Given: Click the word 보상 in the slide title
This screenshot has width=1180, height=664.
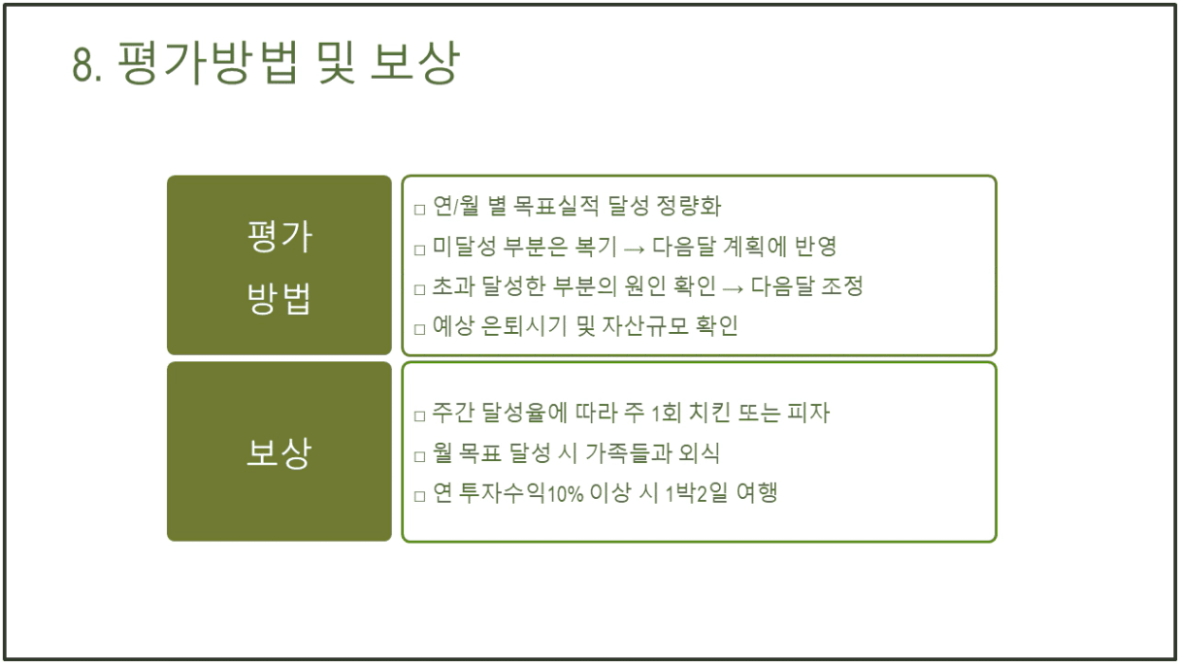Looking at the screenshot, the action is point(415,63).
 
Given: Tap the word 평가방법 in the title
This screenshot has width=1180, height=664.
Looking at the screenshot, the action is point(209,63).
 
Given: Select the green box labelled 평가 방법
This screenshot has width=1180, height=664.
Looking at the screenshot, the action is point(279,265).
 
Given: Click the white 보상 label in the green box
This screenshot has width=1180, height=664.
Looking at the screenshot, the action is point(279,452).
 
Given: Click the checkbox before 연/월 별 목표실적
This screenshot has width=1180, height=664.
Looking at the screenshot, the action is point(419,210).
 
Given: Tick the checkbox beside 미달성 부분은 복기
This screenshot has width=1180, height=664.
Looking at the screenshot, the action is point(419,249).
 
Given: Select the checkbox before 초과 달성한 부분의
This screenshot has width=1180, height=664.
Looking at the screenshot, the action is point(419,290).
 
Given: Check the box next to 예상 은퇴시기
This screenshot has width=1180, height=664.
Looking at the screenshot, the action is point(419,330).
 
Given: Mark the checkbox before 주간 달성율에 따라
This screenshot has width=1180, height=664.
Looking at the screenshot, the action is point(419,416).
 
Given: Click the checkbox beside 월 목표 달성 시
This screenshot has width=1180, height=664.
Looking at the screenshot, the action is point(419,456).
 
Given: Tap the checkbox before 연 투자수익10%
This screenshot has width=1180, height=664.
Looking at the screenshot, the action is point(419,496).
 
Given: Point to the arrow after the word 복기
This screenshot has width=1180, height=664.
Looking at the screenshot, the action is point(634,249).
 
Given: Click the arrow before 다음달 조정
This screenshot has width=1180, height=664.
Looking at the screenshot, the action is point(733,288).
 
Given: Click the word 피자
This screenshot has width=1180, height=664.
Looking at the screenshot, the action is point(808,413).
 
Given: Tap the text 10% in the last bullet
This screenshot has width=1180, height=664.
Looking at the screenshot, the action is point(565,494).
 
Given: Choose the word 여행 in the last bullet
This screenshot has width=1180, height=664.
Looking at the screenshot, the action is point(757,493).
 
